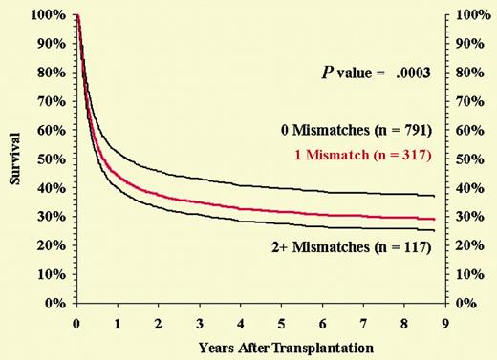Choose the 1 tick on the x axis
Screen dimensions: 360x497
tap(117, 323)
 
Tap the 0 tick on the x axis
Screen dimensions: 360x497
tap(76, 323)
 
